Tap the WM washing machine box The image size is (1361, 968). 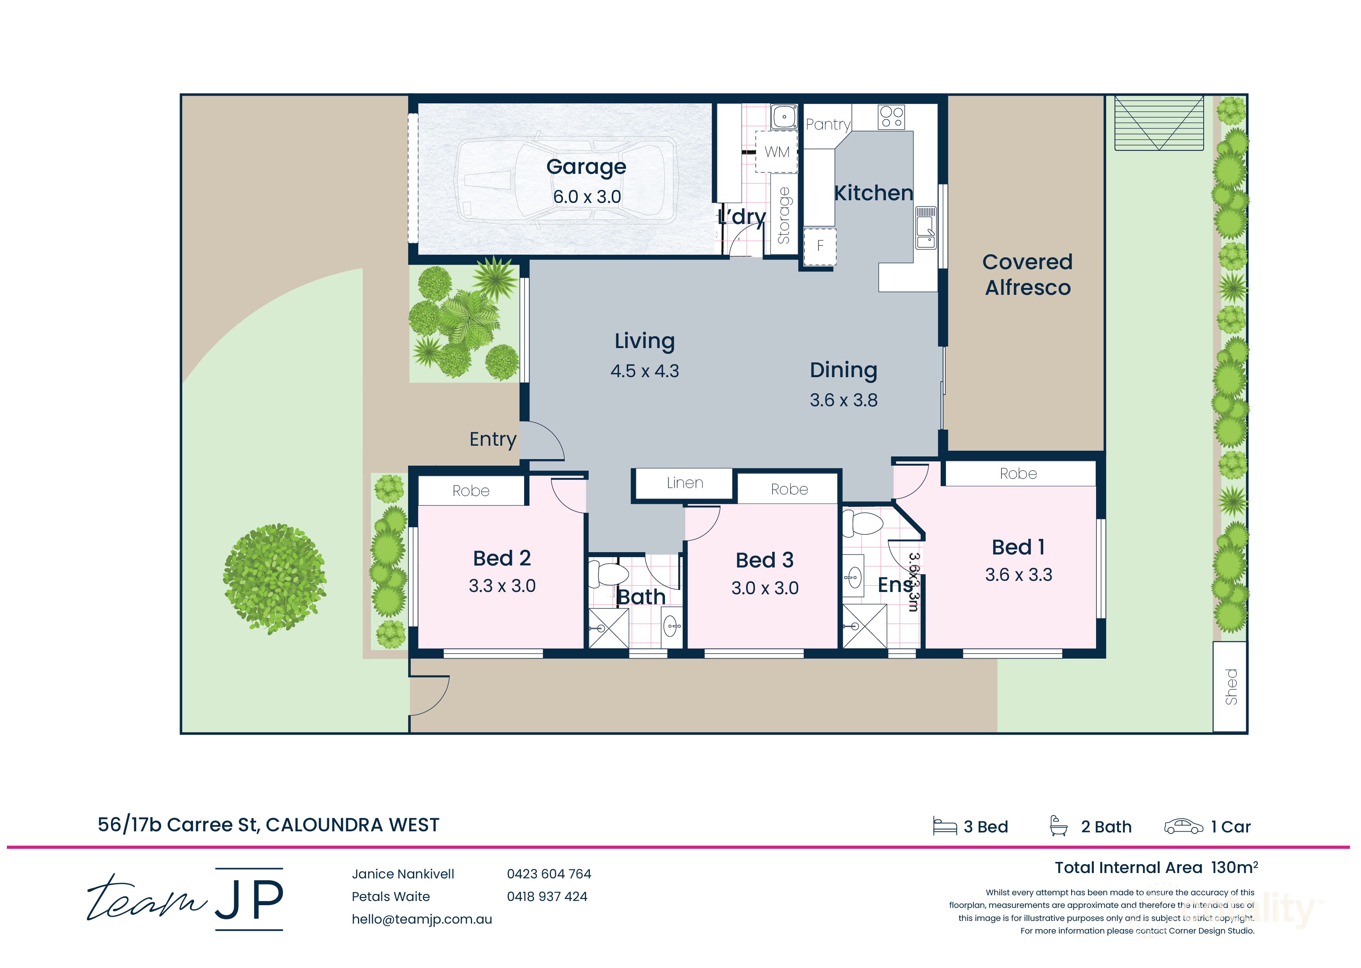point(776,152)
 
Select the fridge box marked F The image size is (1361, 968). point(820,245)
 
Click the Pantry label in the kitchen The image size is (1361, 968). point(828,124)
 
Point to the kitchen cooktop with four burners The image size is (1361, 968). point(891,117)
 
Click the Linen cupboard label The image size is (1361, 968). point(685,483)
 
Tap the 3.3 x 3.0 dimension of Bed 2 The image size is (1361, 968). point(502,586)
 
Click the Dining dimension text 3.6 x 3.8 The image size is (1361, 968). point(843,400)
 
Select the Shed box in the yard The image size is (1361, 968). point(1230,687)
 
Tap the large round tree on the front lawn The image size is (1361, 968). point(275,578)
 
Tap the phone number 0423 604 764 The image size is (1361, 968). point(549,874)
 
